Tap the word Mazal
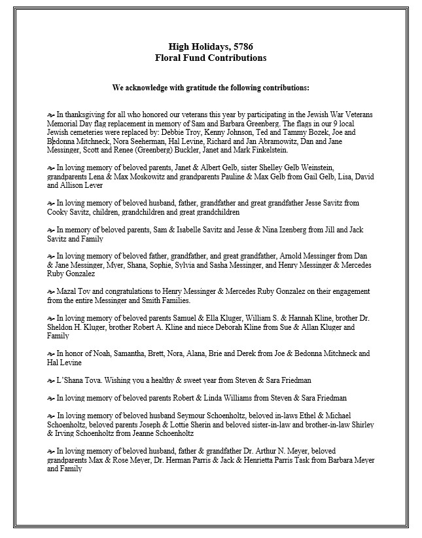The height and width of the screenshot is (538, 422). (x=67, y=292)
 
